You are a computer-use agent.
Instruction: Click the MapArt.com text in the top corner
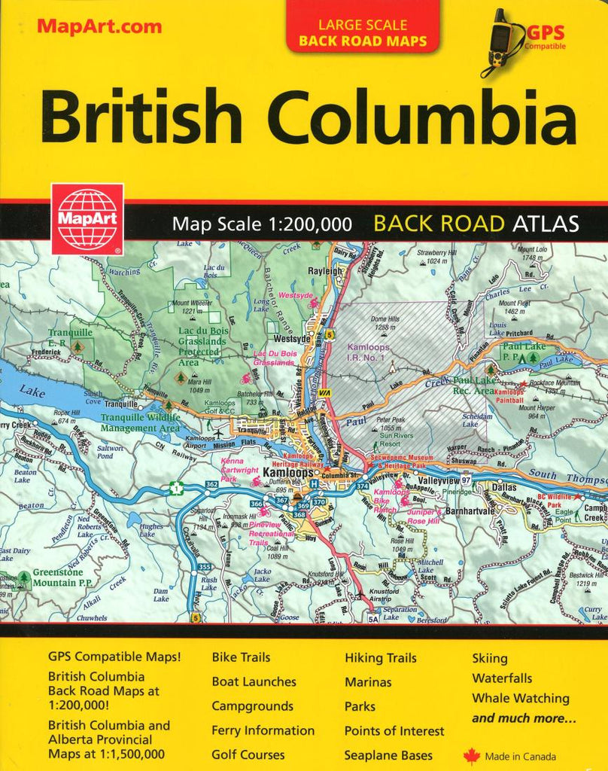coord(99,27)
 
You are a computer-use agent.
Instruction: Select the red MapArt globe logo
coord(87,219)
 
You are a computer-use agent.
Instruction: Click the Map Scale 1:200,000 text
coord(262,224)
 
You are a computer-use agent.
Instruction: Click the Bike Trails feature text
coord(241,658)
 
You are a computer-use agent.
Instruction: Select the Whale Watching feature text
coord(520,698)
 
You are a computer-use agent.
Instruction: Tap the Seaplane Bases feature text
coord(388,754)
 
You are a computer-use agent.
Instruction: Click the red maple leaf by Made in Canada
coord(472,756)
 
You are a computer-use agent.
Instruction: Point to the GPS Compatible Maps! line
coord(114,657)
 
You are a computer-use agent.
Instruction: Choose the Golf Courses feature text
coord(248,754)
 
